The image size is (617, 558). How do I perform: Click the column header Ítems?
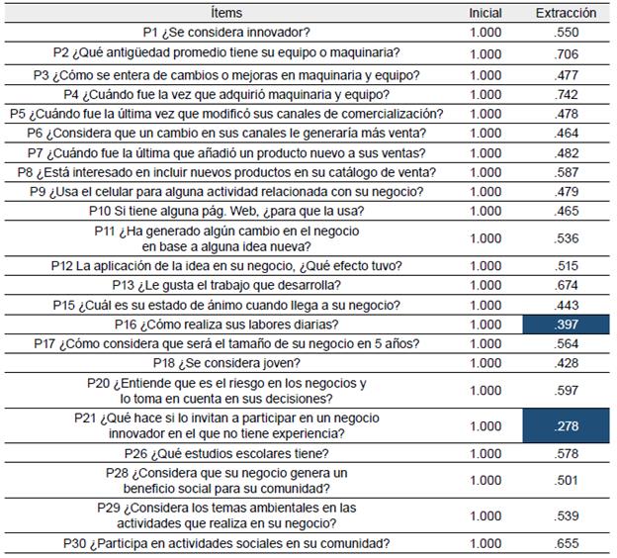click(226, 13)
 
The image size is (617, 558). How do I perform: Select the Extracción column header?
click(566, 13)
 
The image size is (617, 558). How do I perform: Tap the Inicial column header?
click(485, 13)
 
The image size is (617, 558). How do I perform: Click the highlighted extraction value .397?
click(566, 325)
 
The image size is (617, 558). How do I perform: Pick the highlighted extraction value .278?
click(566, 426)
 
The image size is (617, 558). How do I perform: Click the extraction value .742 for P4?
click(566, 95)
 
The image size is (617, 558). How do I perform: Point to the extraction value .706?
click(566, 54)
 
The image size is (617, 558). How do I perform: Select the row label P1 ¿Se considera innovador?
click(226, 33)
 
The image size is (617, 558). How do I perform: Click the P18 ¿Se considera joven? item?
click(226, 363)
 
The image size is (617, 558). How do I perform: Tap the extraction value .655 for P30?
click(566, 544)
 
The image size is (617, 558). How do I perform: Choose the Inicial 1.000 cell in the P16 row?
click(485, 325)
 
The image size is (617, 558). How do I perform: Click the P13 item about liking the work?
click(226, 285)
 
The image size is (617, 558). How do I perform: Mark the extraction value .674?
click(566, 285)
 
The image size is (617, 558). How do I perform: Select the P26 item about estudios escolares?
click(226, 454)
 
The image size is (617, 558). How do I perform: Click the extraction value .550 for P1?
click(566, 33)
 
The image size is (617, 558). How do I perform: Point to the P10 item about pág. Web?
click(226, 211)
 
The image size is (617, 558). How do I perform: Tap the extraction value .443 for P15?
click(566, 305)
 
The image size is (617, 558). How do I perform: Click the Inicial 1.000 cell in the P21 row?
click(485, 426)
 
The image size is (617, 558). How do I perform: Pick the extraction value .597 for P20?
click(566, 390)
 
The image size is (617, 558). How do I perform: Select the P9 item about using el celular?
click(226, 192)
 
